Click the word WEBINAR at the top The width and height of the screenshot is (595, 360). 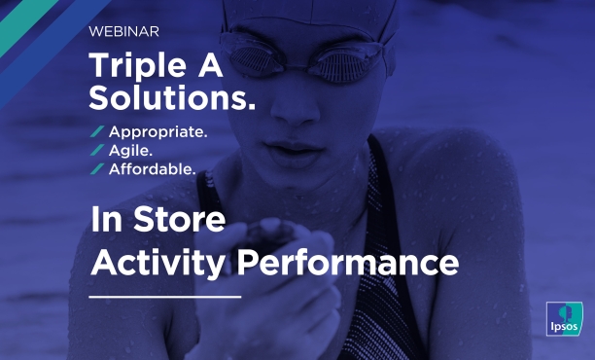tap(124, 31)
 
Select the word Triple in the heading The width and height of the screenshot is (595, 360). tap(133, 66)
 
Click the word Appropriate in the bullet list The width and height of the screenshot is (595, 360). tap(157, 131)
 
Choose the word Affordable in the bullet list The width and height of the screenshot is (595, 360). tap(153, 168)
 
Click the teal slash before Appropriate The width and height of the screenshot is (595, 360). tap(97, 131)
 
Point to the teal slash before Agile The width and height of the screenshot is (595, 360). tap(97, 150)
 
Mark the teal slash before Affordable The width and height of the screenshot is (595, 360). tap(97, 168)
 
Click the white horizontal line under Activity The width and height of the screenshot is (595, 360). tap(164, 295)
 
